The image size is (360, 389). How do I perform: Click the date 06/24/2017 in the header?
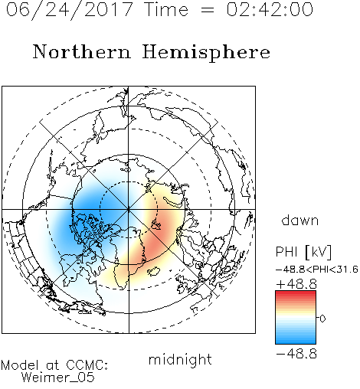[x=69, y=9]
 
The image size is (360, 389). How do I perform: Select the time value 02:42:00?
[x=270, y=9]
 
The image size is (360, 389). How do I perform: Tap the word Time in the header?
[x=166, y=9]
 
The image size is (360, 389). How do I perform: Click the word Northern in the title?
[x=81, y=52]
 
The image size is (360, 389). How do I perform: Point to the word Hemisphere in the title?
[x=206, y=53]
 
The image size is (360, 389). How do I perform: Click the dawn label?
[x=300, y=220]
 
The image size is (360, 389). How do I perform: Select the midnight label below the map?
[x=180, y=360]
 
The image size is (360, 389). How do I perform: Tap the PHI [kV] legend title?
[x=303, y=252]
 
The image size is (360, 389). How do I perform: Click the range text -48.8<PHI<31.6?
[x=317, y=270]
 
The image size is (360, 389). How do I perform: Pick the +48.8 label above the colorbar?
[x=296, y=284]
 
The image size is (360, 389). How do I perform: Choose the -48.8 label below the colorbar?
[x=296, y=354]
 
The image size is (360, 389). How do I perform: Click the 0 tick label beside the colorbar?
[x=322, y=319]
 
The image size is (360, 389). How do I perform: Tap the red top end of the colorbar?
[x=296, y=293]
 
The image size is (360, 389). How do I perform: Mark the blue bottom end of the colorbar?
[x=296, y=342]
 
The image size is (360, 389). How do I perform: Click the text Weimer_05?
[x=58, y=377]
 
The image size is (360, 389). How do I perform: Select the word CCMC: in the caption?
[x=87, y=365]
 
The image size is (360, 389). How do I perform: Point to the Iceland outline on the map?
[x=153, y=271]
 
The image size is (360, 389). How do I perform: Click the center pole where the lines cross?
[x=129, y=209]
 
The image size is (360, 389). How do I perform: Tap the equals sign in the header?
[x=208, y=10]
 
